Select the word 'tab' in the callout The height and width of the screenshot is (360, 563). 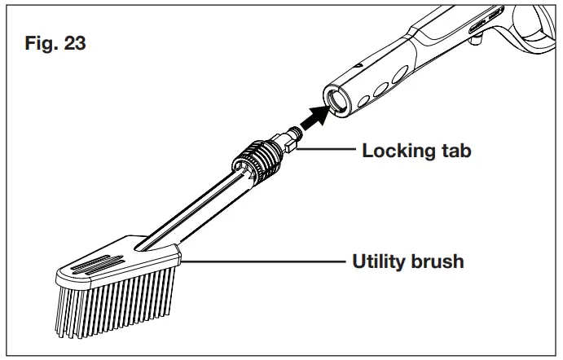click(453, 151)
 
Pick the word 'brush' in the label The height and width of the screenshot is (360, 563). click(439, 261)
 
